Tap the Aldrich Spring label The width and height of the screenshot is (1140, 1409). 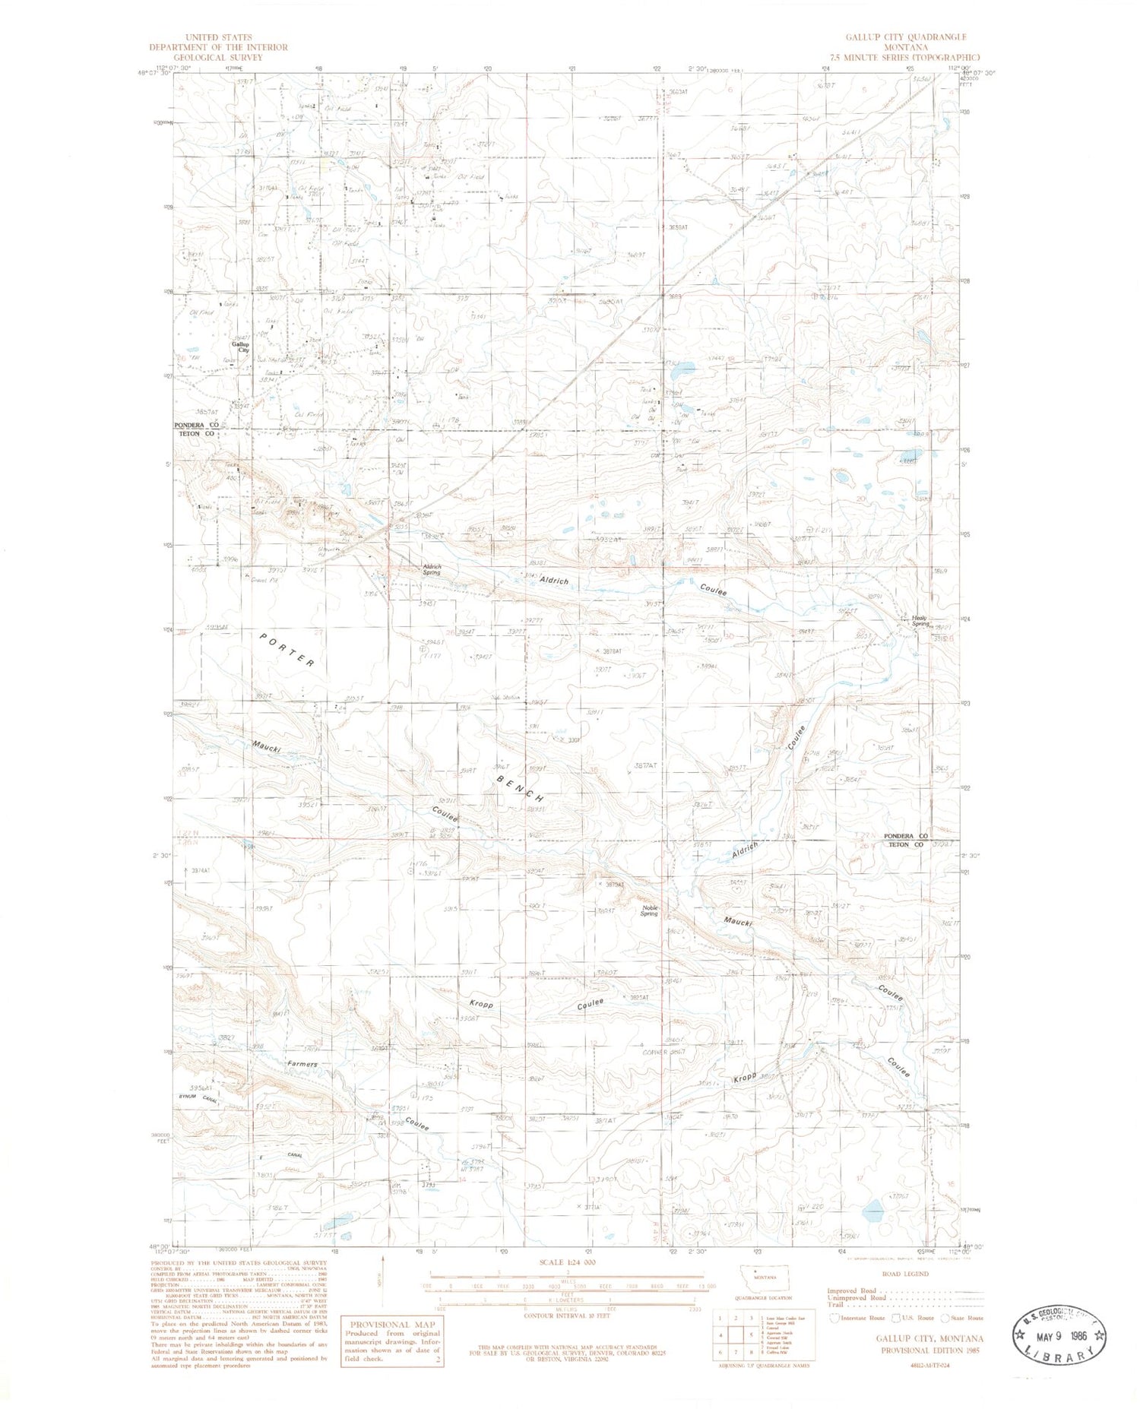pos(432,569)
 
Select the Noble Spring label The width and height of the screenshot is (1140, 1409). pos(649,910)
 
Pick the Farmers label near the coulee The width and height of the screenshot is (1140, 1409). pos(302,1064)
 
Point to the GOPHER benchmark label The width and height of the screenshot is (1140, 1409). pos(654,1052)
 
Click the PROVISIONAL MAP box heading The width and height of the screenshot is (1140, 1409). pos(391,1324)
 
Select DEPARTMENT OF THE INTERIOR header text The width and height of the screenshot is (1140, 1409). pos(218,47)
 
